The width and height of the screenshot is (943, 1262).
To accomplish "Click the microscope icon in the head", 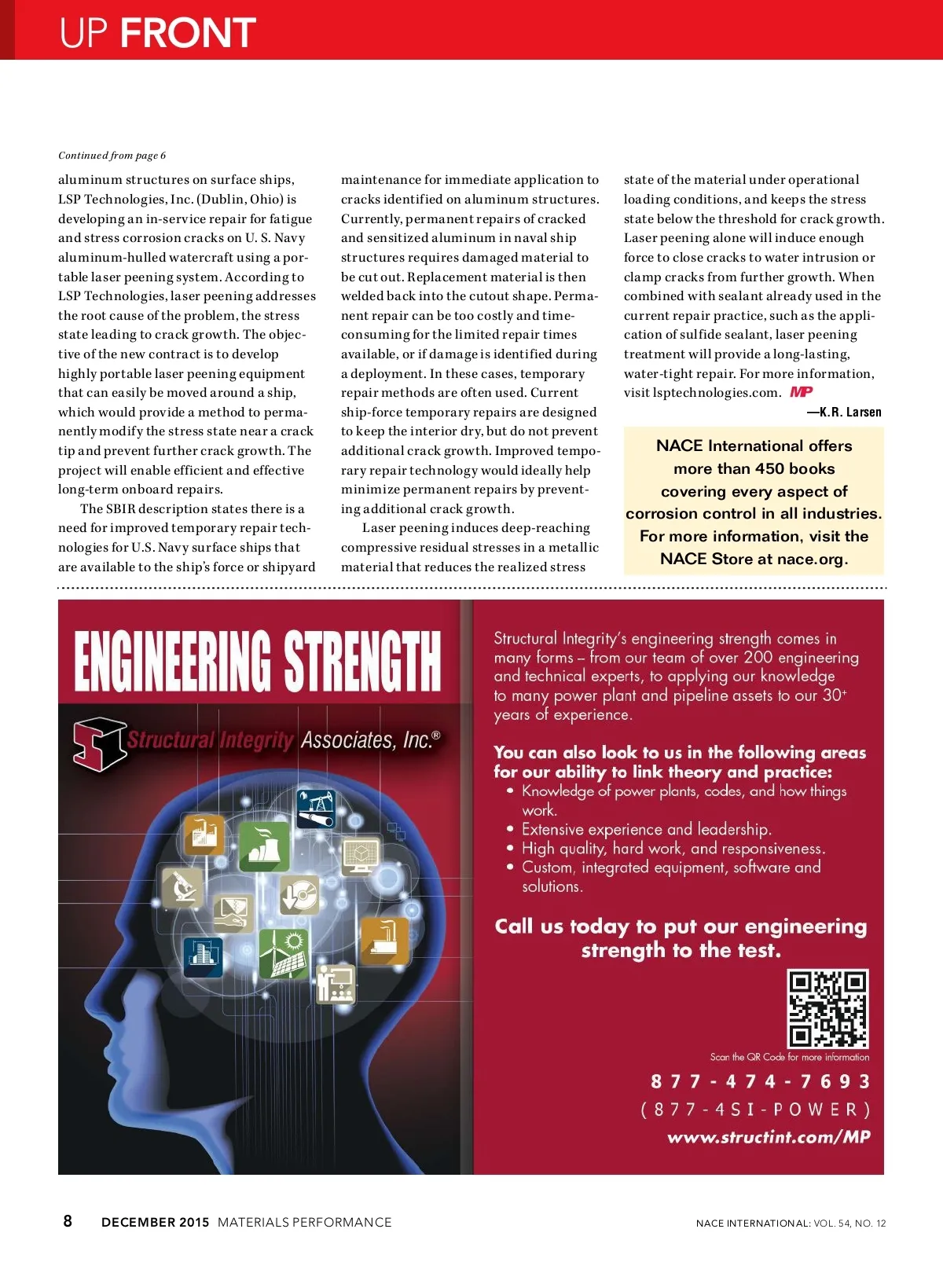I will (x=182, y=887).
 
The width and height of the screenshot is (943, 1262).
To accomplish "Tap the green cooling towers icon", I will (x=264, y=846).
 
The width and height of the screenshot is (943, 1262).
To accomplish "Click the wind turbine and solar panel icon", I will (x=283, y=953).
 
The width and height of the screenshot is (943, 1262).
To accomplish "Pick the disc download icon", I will (x=299, y=895).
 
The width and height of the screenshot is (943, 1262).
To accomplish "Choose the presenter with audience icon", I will (x=336, y=984).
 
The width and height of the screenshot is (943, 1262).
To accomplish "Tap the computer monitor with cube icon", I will (x=361, y=856).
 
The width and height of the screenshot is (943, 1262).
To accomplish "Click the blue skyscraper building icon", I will (x=203, y=956).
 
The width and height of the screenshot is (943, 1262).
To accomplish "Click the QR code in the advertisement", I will (x=827, y=1008).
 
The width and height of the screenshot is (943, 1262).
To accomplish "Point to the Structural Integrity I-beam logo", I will (x=99, y=743).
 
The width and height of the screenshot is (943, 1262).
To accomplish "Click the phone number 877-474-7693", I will (x=760, y=1082).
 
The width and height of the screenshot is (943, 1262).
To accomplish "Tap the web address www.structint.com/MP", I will (x=769, y=1137).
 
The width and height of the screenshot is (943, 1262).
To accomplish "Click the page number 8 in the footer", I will (x=68, y=1221).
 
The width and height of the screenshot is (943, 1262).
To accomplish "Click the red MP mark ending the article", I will (x=802, y=392).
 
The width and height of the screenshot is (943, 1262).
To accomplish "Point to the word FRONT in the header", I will (x=188, y=33).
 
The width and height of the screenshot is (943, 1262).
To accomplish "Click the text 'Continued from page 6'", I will (x=112, y=156).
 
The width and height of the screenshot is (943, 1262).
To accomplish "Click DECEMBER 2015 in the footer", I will (x=155, y=1222).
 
